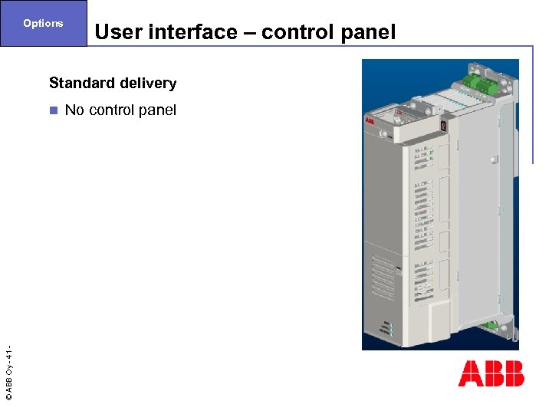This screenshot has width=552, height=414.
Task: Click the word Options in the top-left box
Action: [x=43, y=23]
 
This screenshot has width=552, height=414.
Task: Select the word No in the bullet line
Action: [x=74, y=110]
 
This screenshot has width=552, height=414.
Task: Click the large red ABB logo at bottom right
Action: [x=491, y=373]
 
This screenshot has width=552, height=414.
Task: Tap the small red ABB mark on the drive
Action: [x=370, y=120]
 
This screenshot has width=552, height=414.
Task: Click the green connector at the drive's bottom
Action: [x=489, y=330]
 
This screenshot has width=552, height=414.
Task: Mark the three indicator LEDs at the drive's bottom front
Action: [x=390, y=329]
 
